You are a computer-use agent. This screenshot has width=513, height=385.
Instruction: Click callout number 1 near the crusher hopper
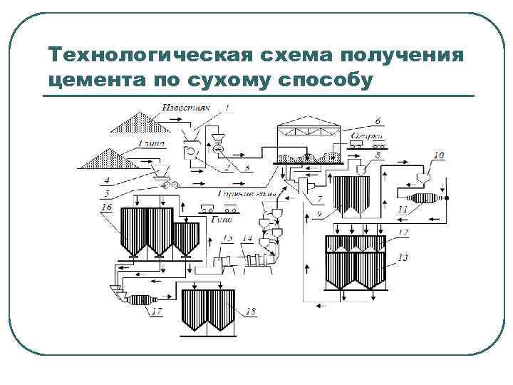click(227, 107)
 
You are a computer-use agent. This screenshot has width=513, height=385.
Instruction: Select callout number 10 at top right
click(439, 155)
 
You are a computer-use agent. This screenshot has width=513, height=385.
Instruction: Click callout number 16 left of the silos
click(107, 207)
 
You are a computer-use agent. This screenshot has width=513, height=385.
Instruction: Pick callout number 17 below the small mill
click(157, 311)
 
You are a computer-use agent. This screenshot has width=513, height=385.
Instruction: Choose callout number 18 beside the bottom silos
click(250, 311)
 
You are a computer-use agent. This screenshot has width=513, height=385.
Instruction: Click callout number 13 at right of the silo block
click(403, 257)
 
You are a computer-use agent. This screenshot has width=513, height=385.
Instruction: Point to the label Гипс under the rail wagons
click(218, 220)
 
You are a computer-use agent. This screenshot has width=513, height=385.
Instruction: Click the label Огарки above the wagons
click(368, 135)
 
